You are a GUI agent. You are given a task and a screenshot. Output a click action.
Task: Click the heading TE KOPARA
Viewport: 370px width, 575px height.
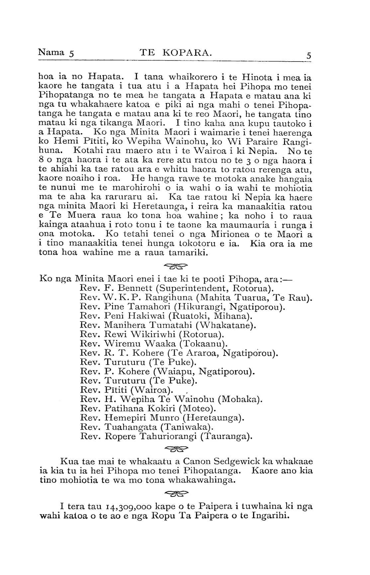(175, 53)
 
